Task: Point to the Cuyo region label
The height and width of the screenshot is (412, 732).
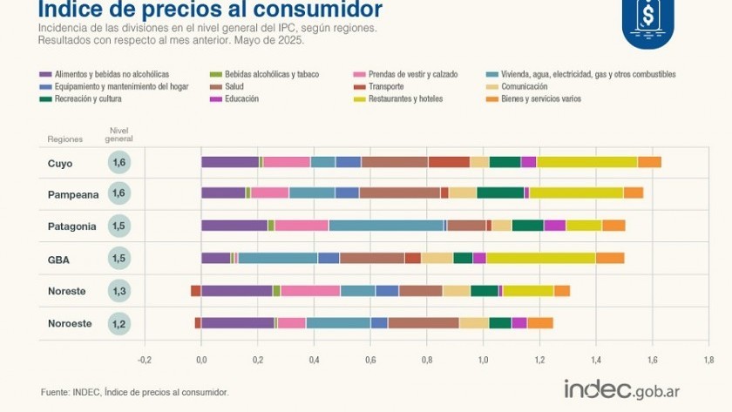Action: [x=60, y=163]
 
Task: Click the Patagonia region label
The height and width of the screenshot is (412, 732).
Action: [x=71, y=226]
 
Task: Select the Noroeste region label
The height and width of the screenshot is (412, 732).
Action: [x=70, y=323]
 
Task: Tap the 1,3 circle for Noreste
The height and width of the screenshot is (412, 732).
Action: [x=120, y=291]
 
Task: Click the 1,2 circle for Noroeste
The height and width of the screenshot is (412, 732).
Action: [x=120, y=323]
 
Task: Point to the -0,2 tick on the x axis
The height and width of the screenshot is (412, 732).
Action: [x=145, y=359]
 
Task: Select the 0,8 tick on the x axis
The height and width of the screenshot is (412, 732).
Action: [x=426, y=359]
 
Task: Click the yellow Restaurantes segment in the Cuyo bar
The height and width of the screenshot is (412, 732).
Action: [x=586, y=162]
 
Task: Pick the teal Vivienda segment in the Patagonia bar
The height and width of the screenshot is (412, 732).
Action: [x=386, y=226]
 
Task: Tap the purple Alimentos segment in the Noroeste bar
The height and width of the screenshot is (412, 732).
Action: [x=237, y=323]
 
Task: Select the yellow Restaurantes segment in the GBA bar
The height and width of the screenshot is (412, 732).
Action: [x=540, y=258]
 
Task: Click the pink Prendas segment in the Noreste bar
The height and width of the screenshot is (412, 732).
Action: [x=310, y=291]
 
